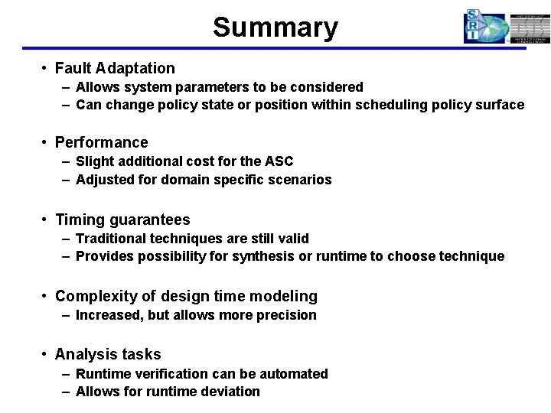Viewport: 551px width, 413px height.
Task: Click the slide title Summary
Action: (x=275, y=28)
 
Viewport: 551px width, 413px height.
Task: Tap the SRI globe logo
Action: (x=485, y=27)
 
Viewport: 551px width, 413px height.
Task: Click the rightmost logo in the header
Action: (x=530, y=28)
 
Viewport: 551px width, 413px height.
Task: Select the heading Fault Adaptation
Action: (x=115, y=68)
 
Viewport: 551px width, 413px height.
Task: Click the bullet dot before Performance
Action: (x=47, y=142)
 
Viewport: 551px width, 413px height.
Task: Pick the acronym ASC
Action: (x=279, y=161)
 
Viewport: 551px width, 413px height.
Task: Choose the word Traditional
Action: (x=109, y=239)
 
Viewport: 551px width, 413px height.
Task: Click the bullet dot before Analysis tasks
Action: (x=47, y=354)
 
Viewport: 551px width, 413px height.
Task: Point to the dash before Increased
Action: (x=67, y=315)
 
